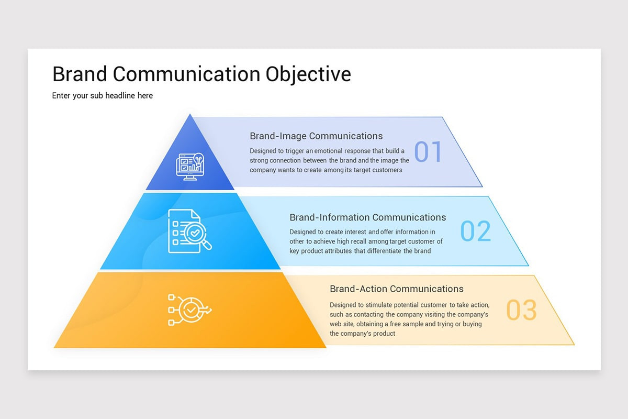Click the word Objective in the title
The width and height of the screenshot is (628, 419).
[308, 74]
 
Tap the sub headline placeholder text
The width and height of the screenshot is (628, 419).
[103, 96]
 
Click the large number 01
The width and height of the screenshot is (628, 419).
[428, 152]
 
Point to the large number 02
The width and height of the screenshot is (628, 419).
[476, 231]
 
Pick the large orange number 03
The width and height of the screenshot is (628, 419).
[521, 310]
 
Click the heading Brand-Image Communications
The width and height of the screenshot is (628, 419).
[316, 136]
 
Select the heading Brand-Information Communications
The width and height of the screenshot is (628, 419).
[367, 217]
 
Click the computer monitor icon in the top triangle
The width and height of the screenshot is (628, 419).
[190, 166]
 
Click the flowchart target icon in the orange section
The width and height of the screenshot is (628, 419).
[189, 310]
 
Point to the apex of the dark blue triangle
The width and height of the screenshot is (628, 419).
[190, 116]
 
